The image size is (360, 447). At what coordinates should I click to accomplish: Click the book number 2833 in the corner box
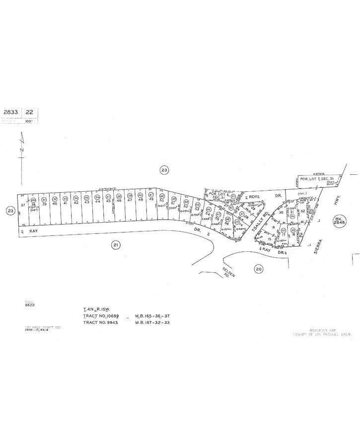pos(11,112)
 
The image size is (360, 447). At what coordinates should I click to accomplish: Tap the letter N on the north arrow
pos(20,149)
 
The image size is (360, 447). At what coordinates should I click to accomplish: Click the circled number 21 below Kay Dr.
pos(115,244)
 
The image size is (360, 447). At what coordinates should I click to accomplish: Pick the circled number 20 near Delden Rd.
pos(258,269)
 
